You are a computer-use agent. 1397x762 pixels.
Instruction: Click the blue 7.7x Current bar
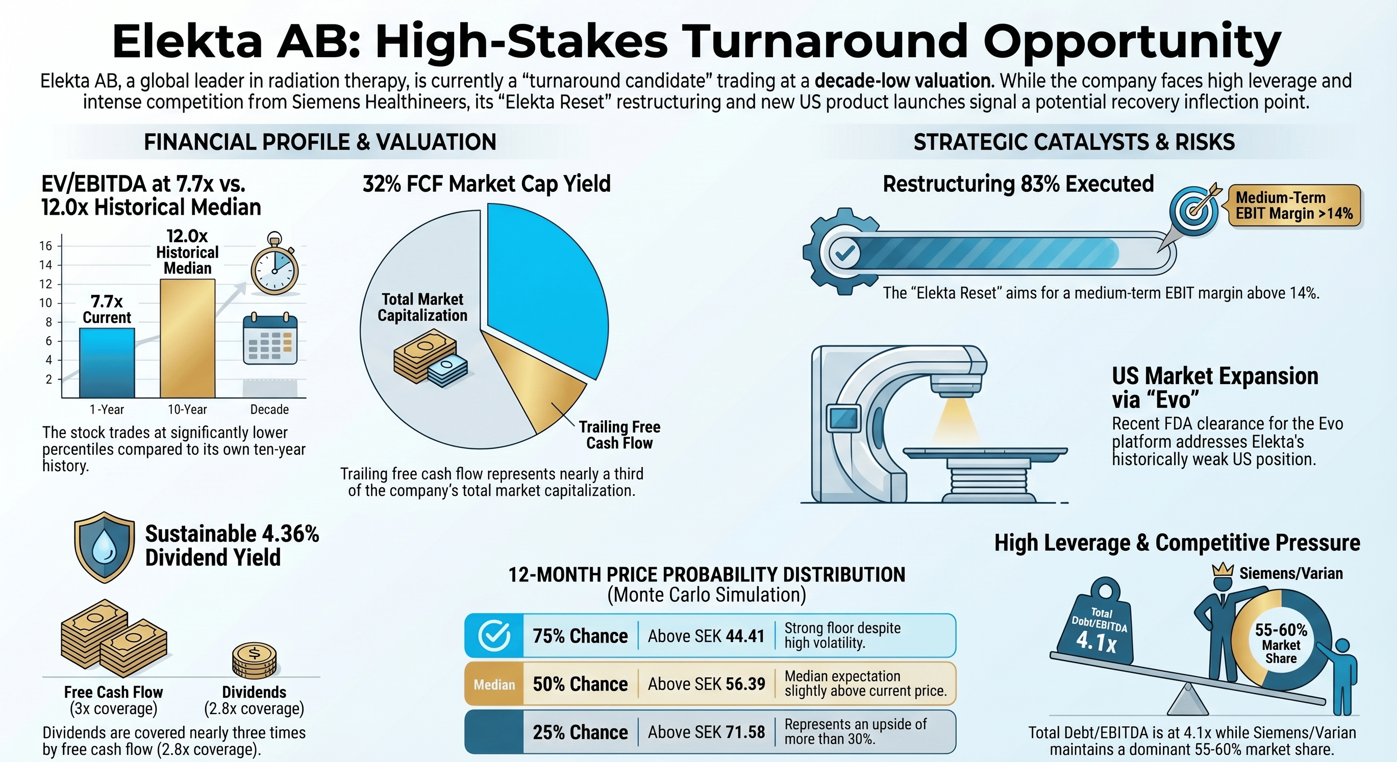pyautogui.click(x=107, y=363)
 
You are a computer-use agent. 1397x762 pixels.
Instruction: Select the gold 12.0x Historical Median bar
pyautogui.click(x=188, y=338)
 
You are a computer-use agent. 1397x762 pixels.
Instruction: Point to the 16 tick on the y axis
pyautogui.click(x=45, y=245)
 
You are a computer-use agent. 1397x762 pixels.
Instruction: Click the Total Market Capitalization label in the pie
pyautogui.click(x=422, y=307)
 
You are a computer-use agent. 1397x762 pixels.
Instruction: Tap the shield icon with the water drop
pyautogui.click(x=104, y=547)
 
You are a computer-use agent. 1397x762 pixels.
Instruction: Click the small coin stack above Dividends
pyautogui.click(x=254, y=661)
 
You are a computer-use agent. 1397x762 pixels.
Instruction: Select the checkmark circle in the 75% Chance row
pyautogui.click(x=494, y=635)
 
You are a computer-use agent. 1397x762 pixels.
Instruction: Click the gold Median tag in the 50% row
pyautogui.click(x=494, y=684)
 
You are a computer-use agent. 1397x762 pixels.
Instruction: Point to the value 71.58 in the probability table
pyautogui.click(x=745, y=732)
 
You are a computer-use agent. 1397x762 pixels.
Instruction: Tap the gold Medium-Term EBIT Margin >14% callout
pyautogui.click(x=1294, y=206)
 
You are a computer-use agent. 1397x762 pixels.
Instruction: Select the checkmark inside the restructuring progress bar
pyautogui.click(x=845, y=252)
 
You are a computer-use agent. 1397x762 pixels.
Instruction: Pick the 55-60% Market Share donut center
pyautogui.click(x=1281, y=643)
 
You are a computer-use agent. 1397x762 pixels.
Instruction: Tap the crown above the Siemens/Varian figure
pyautogui.click(x=1223, y=570)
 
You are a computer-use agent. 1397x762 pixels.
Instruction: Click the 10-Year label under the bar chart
pyautogui.click(x=187, y=409)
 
